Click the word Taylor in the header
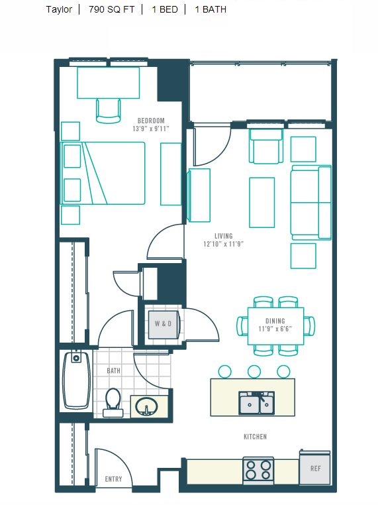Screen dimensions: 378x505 pyautogui.click(x=59, y=10)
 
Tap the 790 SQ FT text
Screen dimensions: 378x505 pyautogui.click(x=112, y=9)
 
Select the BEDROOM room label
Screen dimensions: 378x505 pyautogui.click(x=151, y=121)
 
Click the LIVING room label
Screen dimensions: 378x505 pyautogui.click(x=224, y=236)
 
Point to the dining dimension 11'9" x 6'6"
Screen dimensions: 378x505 pyautogui.click(x=275, y=329)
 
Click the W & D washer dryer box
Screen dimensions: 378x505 pyautogui.click(x=163, y=324)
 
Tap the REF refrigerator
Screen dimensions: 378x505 pyautogui.click(x=315, y=468)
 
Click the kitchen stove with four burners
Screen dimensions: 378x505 pyautogui.click(x=258, y=471)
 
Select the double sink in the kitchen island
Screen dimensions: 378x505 pyautogui.click(x=256, y=403)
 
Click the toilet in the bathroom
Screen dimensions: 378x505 pyautogui.click(x=113, y=402)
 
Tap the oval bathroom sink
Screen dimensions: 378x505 pyautogui.click(x=147, y=406)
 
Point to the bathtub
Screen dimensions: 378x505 pyautogui.click(x=76, y=380)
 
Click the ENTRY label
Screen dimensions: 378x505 pyautogui.click(x=114, y=479)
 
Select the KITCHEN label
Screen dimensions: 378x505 pyautogui.click(x=255, y=437)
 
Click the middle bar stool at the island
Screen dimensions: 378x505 pyautogui.click(x=254, y=372)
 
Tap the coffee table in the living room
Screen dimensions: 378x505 pyautogui.click(x=262, y=202)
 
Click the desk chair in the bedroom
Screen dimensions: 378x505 pyautogui.click(x=109, y=111)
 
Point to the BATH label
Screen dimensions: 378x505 pyautogui.click(x=114, y=370)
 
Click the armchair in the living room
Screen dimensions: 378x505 pyautogui.click(x=266, y=146)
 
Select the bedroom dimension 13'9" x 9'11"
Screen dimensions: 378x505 pyautogui.click(x=151, y=129)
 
